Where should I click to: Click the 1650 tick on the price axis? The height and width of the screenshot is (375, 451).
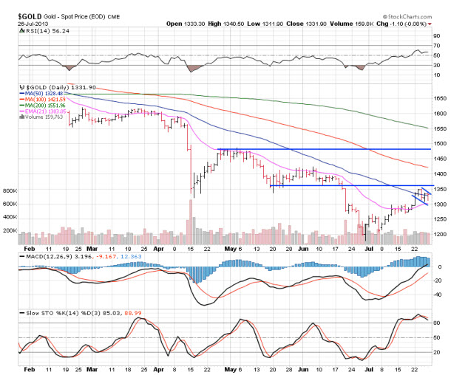pyautogui.click(x=440, y=98)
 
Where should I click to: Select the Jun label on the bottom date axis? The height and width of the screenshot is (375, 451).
pyautogui.click(x=301, y=368)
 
